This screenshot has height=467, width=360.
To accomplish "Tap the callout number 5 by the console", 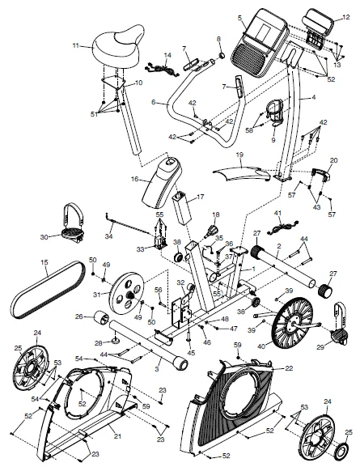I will [239, 17].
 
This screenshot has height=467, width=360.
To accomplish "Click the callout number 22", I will [289, 368].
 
